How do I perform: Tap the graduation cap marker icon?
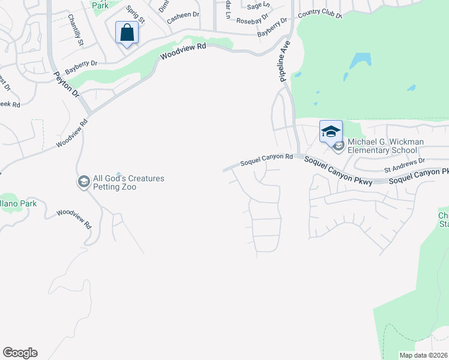331,131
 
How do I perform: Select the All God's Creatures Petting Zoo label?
128,182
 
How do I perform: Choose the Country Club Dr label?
319,14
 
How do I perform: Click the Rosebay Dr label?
252,20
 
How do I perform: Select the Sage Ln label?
258,5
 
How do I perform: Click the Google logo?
20,353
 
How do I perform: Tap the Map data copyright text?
423,355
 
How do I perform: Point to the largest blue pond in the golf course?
360,61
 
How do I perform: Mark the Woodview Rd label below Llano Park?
73,219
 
